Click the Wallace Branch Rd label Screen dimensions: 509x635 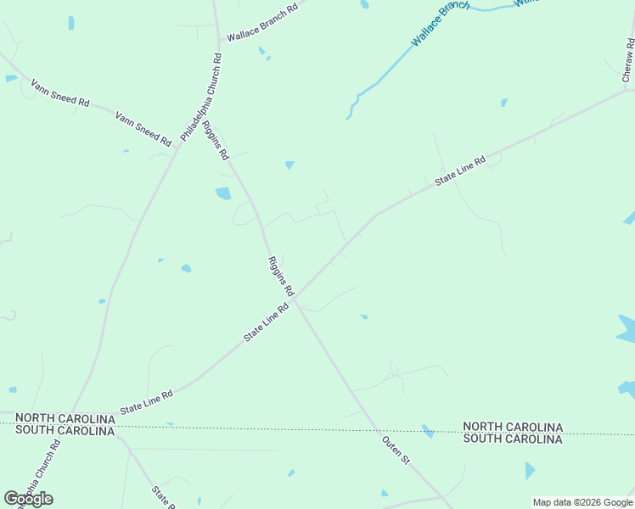262,22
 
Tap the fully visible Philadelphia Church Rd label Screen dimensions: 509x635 200,98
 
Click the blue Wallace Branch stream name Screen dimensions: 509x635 440,23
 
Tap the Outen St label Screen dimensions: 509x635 396,450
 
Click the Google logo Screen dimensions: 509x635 28,499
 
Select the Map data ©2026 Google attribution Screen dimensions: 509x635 583,502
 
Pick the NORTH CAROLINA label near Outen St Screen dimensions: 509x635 513,427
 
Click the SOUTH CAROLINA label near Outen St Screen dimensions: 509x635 513,439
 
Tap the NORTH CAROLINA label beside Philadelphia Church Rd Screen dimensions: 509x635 65,418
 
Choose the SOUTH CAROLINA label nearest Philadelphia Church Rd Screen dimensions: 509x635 65,431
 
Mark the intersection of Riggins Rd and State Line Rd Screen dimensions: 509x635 295,299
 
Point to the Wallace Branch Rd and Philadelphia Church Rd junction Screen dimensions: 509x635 218,40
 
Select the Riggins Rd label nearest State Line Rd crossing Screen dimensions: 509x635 280,276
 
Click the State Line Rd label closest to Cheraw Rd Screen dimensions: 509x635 460,170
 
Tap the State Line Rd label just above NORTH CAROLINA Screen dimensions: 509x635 147,400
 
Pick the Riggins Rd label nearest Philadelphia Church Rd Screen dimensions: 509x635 216,141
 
